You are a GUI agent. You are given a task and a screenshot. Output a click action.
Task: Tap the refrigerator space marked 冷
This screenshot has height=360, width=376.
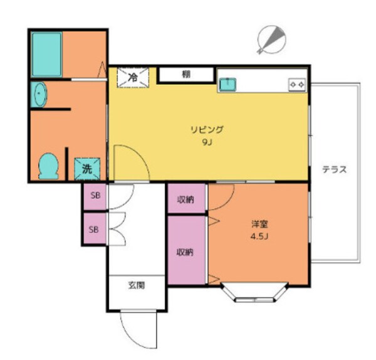click(133, 77)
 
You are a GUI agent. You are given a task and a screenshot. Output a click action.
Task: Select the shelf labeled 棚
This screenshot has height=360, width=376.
click(186, 75)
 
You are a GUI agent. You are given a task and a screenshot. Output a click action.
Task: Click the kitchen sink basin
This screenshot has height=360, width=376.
click(226, 83)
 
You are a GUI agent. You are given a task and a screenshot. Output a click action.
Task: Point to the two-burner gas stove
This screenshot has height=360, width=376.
click(296, 84)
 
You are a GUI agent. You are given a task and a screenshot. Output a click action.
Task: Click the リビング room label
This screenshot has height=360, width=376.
click(207, 130)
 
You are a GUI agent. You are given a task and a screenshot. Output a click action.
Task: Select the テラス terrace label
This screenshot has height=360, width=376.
click(335, 169)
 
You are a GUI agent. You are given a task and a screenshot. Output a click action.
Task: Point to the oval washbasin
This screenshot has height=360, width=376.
click(40, 95)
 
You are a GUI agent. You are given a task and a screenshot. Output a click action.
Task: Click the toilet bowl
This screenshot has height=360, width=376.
click(48, 166)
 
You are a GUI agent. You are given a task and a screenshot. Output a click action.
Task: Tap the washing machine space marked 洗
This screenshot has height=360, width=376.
click(86, 168)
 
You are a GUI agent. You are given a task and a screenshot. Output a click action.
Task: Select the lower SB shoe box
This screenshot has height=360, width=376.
click(94, 229)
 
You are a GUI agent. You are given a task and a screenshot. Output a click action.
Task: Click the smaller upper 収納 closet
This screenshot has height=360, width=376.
click(186, 199)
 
